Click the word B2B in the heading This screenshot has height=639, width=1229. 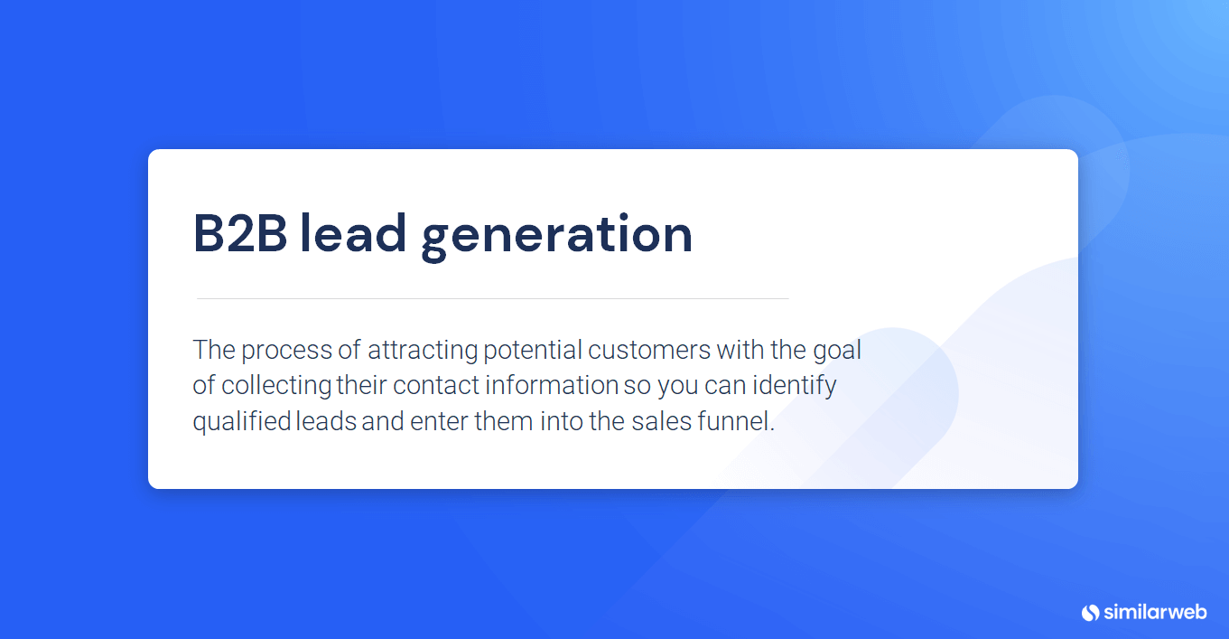pos(240,234)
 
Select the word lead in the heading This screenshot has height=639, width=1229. pos(353,233)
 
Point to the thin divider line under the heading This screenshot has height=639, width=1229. pos(493,298)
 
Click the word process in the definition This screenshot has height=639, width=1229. pos(287,352)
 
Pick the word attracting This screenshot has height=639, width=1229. pos(423,352)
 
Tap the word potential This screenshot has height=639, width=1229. pos(533,352)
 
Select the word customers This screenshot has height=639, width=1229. pos(649,351)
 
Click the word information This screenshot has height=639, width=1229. pos(552,385)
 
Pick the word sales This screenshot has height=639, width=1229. pos(661,421)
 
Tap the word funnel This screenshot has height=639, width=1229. pos(736,421)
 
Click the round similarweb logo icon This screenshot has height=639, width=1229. pos(1090,613)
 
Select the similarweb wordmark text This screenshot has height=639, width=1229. pos(1156,612)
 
